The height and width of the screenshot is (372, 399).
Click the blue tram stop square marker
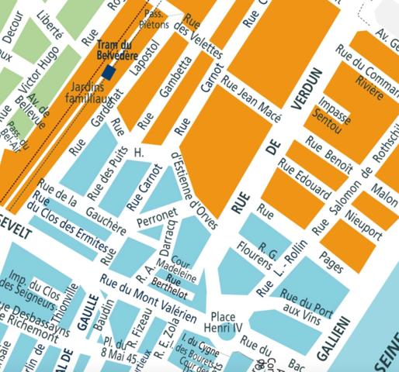pos(109,72)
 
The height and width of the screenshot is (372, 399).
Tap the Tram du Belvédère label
pos(117,50)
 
